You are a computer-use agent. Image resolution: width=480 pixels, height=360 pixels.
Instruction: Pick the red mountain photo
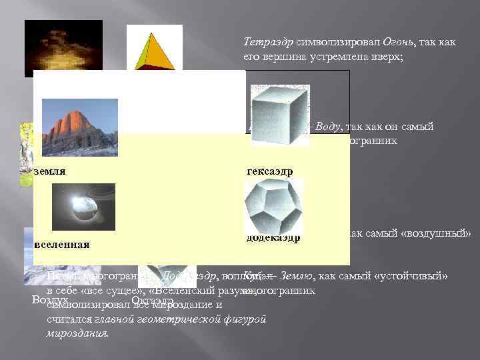tap(79, 126)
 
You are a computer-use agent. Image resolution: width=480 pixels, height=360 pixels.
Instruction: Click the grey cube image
tap(278, 115)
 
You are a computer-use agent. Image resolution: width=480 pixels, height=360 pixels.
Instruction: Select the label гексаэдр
tap(269, 171)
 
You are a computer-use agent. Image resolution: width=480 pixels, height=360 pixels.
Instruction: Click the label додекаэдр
tap(273, 237)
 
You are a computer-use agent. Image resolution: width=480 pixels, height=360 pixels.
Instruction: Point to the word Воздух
tap(51, 301)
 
